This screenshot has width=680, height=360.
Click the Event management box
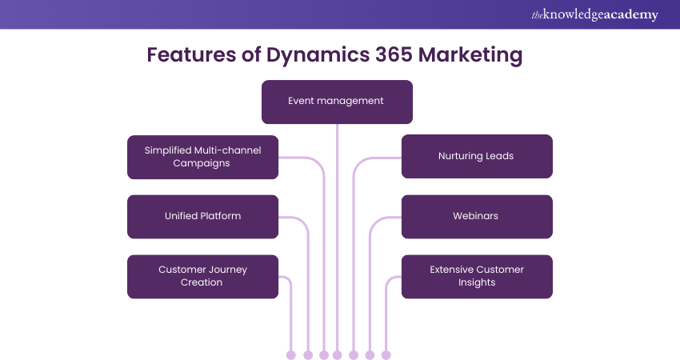click(337, 102)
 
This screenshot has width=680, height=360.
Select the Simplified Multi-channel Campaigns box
click(202, 156)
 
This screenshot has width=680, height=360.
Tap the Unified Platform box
click(202, 216)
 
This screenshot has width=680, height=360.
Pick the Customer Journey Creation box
click(202, 276)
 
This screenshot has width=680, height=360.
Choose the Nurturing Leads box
click(476, 156)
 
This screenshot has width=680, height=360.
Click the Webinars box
click(476, 216)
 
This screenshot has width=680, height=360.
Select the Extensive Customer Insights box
click(476, 276)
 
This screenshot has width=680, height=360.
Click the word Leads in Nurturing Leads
click(498, 156)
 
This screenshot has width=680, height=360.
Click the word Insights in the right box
click(477, 282)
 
